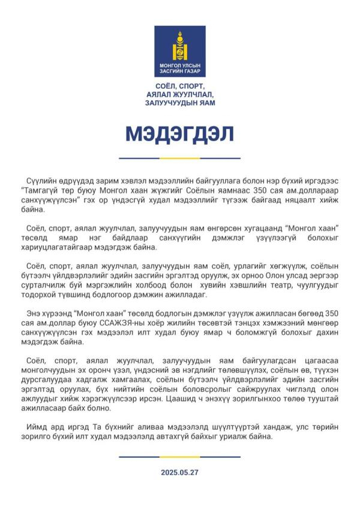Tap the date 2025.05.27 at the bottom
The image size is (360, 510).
click(179, 472)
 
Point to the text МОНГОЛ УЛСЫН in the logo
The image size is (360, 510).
click(179, 65)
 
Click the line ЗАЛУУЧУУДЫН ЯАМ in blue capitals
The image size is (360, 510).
click(179, 103)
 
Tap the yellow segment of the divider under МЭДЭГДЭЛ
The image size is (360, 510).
click(179, 158)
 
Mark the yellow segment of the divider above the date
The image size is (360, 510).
click(179, 457)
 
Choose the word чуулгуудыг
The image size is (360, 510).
click(313, 285)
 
